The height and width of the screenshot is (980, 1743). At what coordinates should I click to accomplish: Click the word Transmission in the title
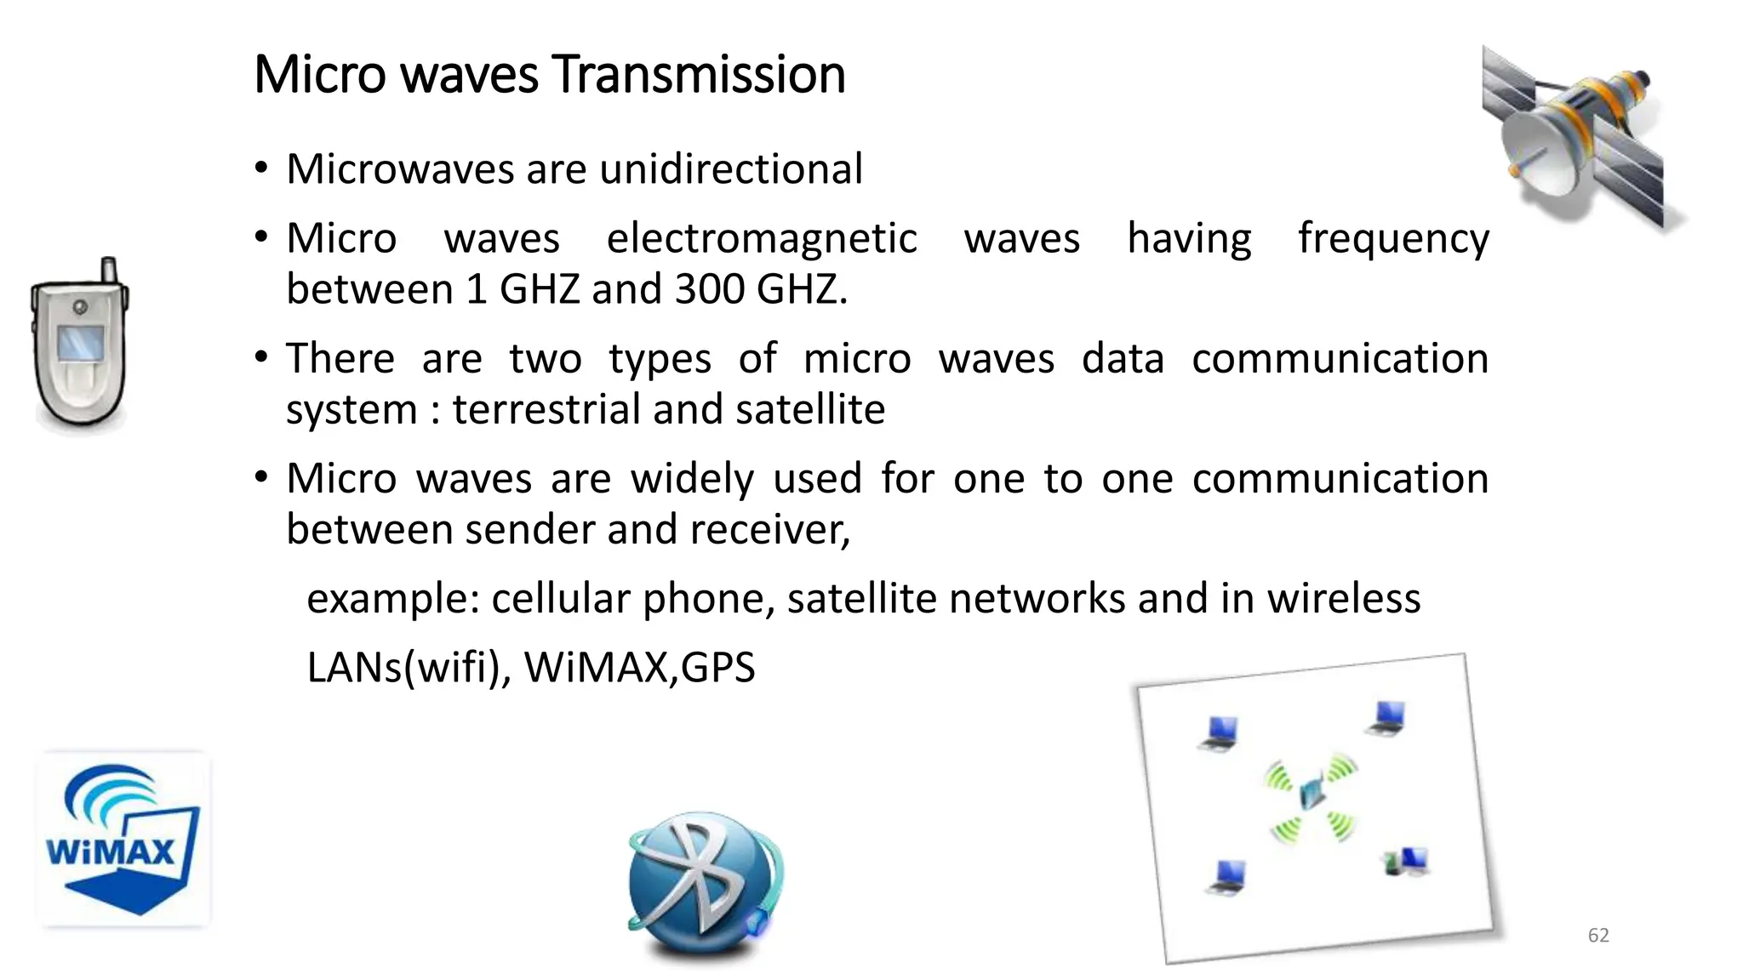[699, 75]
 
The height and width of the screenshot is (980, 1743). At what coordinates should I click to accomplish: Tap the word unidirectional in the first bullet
[731, 168]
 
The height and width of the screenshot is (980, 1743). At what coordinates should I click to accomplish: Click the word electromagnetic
[761, 238]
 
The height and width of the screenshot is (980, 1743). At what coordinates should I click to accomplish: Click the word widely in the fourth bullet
[691, 478]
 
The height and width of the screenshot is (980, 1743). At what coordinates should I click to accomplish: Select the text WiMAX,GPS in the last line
[639, 667]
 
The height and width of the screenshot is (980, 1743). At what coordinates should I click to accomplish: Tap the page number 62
[1598, 936]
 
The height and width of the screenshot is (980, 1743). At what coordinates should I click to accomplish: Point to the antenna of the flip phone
[109, 270]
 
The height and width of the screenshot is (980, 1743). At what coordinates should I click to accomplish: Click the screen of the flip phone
[81, 342]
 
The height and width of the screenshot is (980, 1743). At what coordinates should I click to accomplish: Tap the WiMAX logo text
[111, 851]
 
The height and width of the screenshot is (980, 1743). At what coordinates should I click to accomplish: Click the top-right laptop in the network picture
[1386, 718]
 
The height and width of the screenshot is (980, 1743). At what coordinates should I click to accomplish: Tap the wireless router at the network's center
[1312, 794]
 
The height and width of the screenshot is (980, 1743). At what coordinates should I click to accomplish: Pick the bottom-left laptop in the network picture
[1226, 876]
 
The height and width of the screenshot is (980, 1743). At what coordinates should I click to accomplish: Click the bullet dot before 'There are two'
[262, 356]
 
